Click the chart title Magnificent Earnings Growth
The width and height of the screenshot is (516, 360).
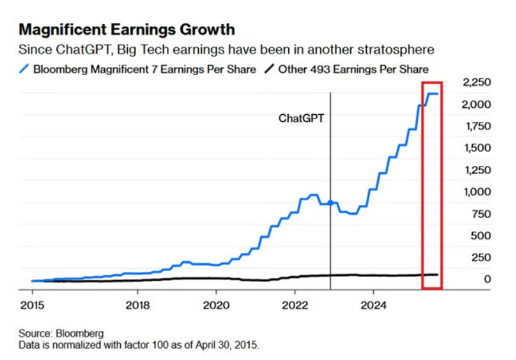pyautogui.click(x=127, y=29)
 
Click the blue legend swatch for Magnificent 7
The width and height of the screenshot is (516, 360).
pyautogui.click(x=24, y=69)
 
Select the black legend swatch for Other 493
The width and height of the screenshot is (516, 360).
pyautogui.click(x=269, y=69)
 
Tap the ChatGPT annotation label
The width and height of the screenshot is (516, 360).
pyautogui.click(x=302, y=118)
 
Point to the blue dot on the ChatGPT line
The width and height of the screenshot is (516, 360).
pyautogui.click(x=330, y=202)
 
